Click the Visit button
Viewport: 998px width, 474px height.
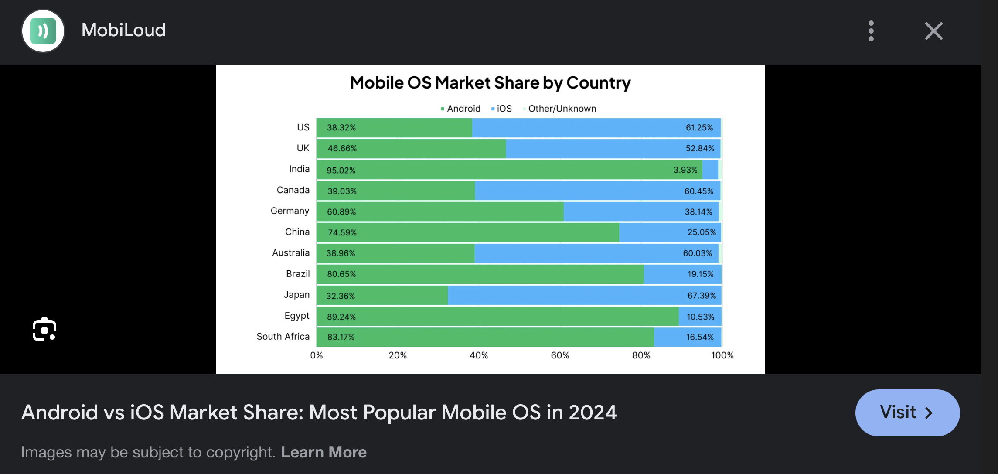[x=907, y=413]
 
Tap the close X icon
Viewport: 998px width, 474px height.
[x=933, y=31]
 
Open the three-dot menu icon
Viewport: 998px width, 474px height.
[x=871, y=31]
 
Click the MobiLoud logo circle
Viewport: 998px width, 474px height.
[x=43, y=31]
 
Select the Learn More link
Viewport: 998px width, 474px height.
[x=324, y=452]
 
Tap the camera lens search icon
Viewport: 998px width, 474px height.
[x=44, y=330]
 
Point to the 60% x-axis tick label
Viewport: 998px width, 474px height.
[x=560, y=355]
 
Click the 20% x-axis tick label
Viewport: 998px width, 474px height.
[x=397, y=355]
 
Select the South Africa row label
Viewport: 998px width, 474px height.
[x=283, y=337]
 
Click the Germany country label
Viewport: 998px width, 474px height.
[x=290, y=211]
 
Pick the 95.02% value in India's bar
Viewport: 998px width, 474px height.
[x=341, y=170]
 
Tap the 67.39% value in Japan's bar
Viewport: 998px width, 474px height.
[x=702, y=296]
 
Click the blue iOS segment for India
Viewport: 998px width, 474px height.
[x=710, y=170]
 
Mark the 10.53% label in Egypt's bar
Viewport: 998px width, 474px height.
[x=700, y=317]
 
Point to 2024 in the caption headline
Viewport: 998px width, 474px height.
[x=593, y=413]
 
